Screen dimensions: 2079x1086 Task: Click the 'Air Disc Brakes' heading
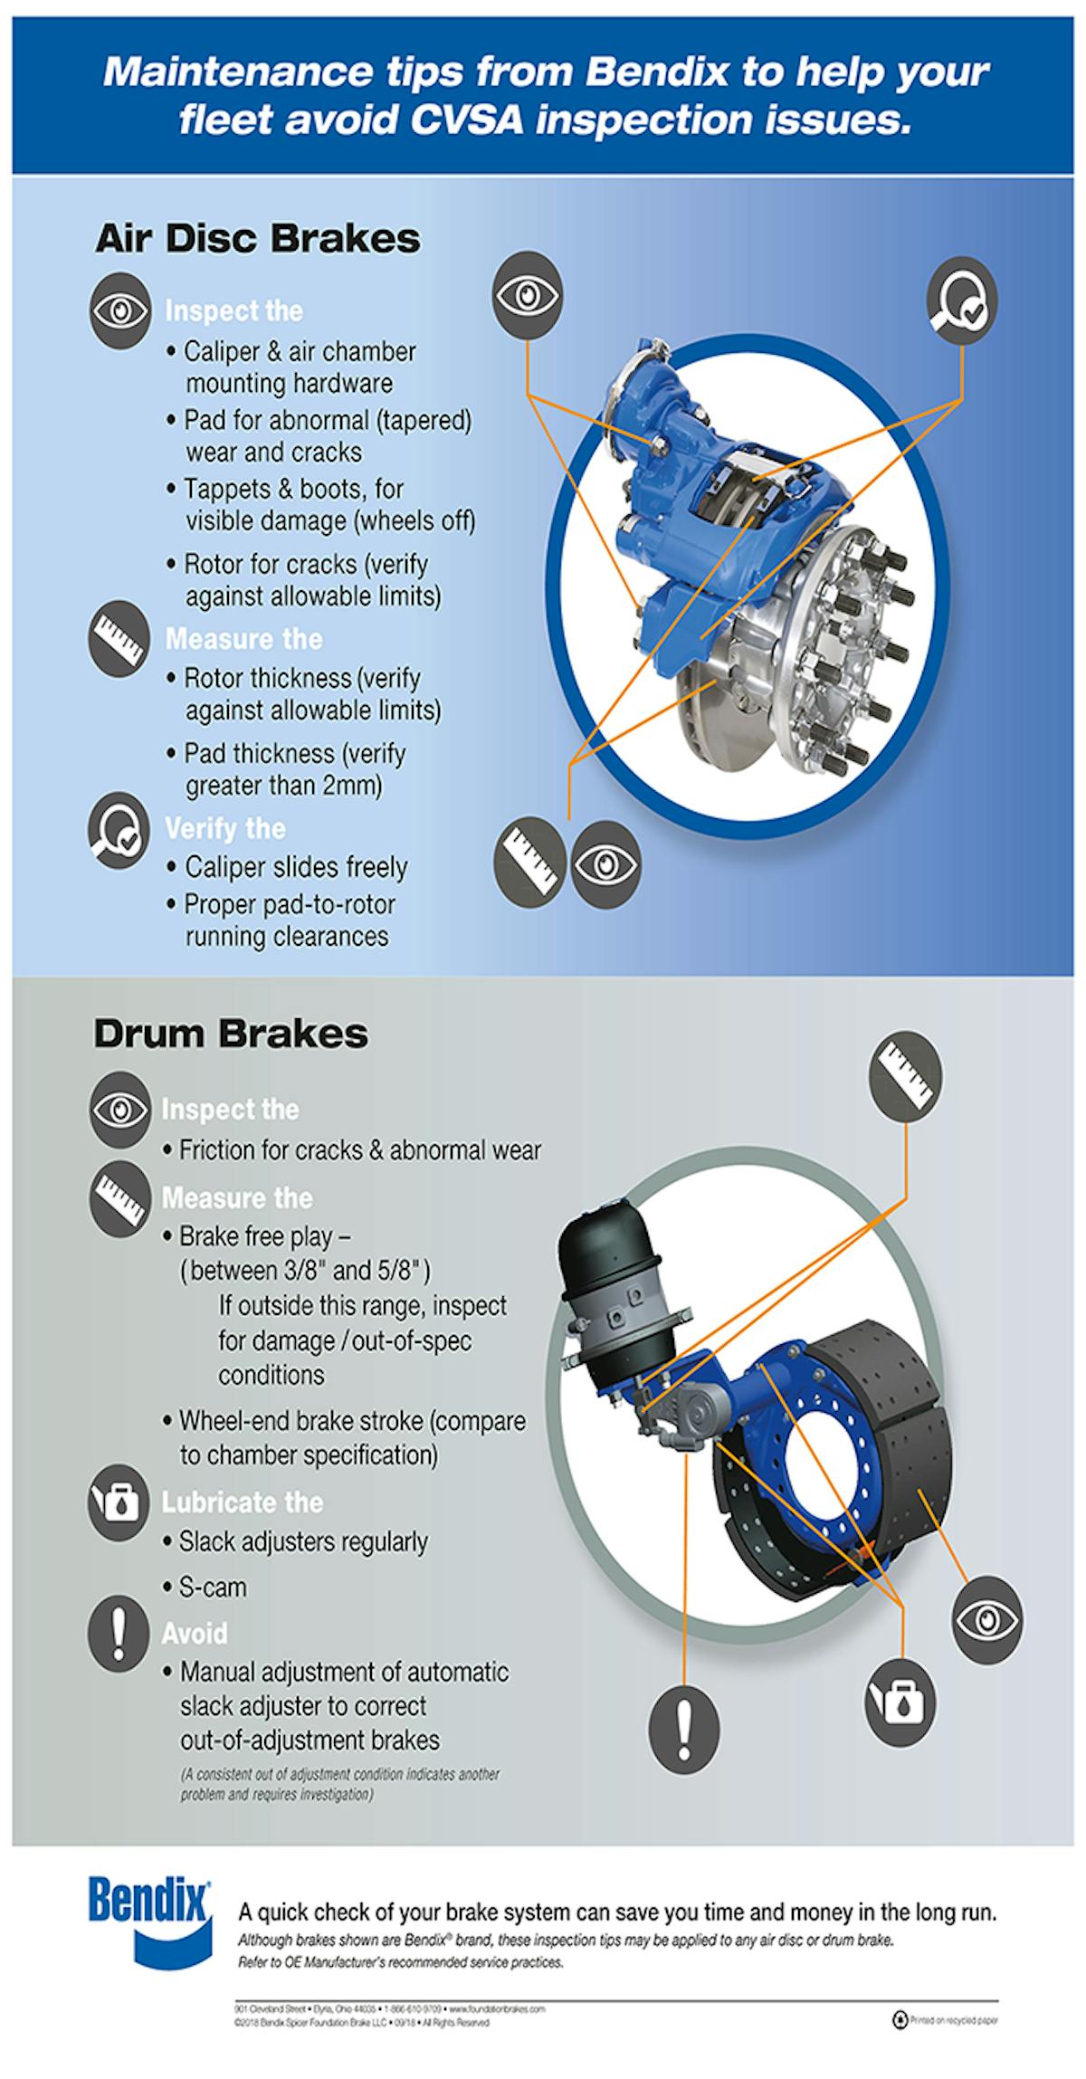pos(258,239)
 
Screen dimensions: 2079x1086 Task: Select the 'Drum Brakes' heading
pos(231,1035)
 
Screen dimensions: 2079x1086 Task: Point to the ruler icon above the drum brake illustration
pos(905,1074)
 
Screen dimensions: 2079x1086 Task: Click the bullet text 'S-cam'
pos(213,1588)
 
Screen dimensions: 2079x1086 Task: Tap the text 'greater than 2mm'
pos(283,786)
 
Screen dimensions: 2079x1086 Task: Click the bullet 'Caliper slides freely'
pos(296,867)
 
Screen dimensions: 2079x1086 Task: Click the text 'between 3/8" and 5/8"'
pos(305,1270)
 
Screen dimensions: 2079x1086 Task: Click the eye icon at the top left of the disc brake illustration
pos(529,294)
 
